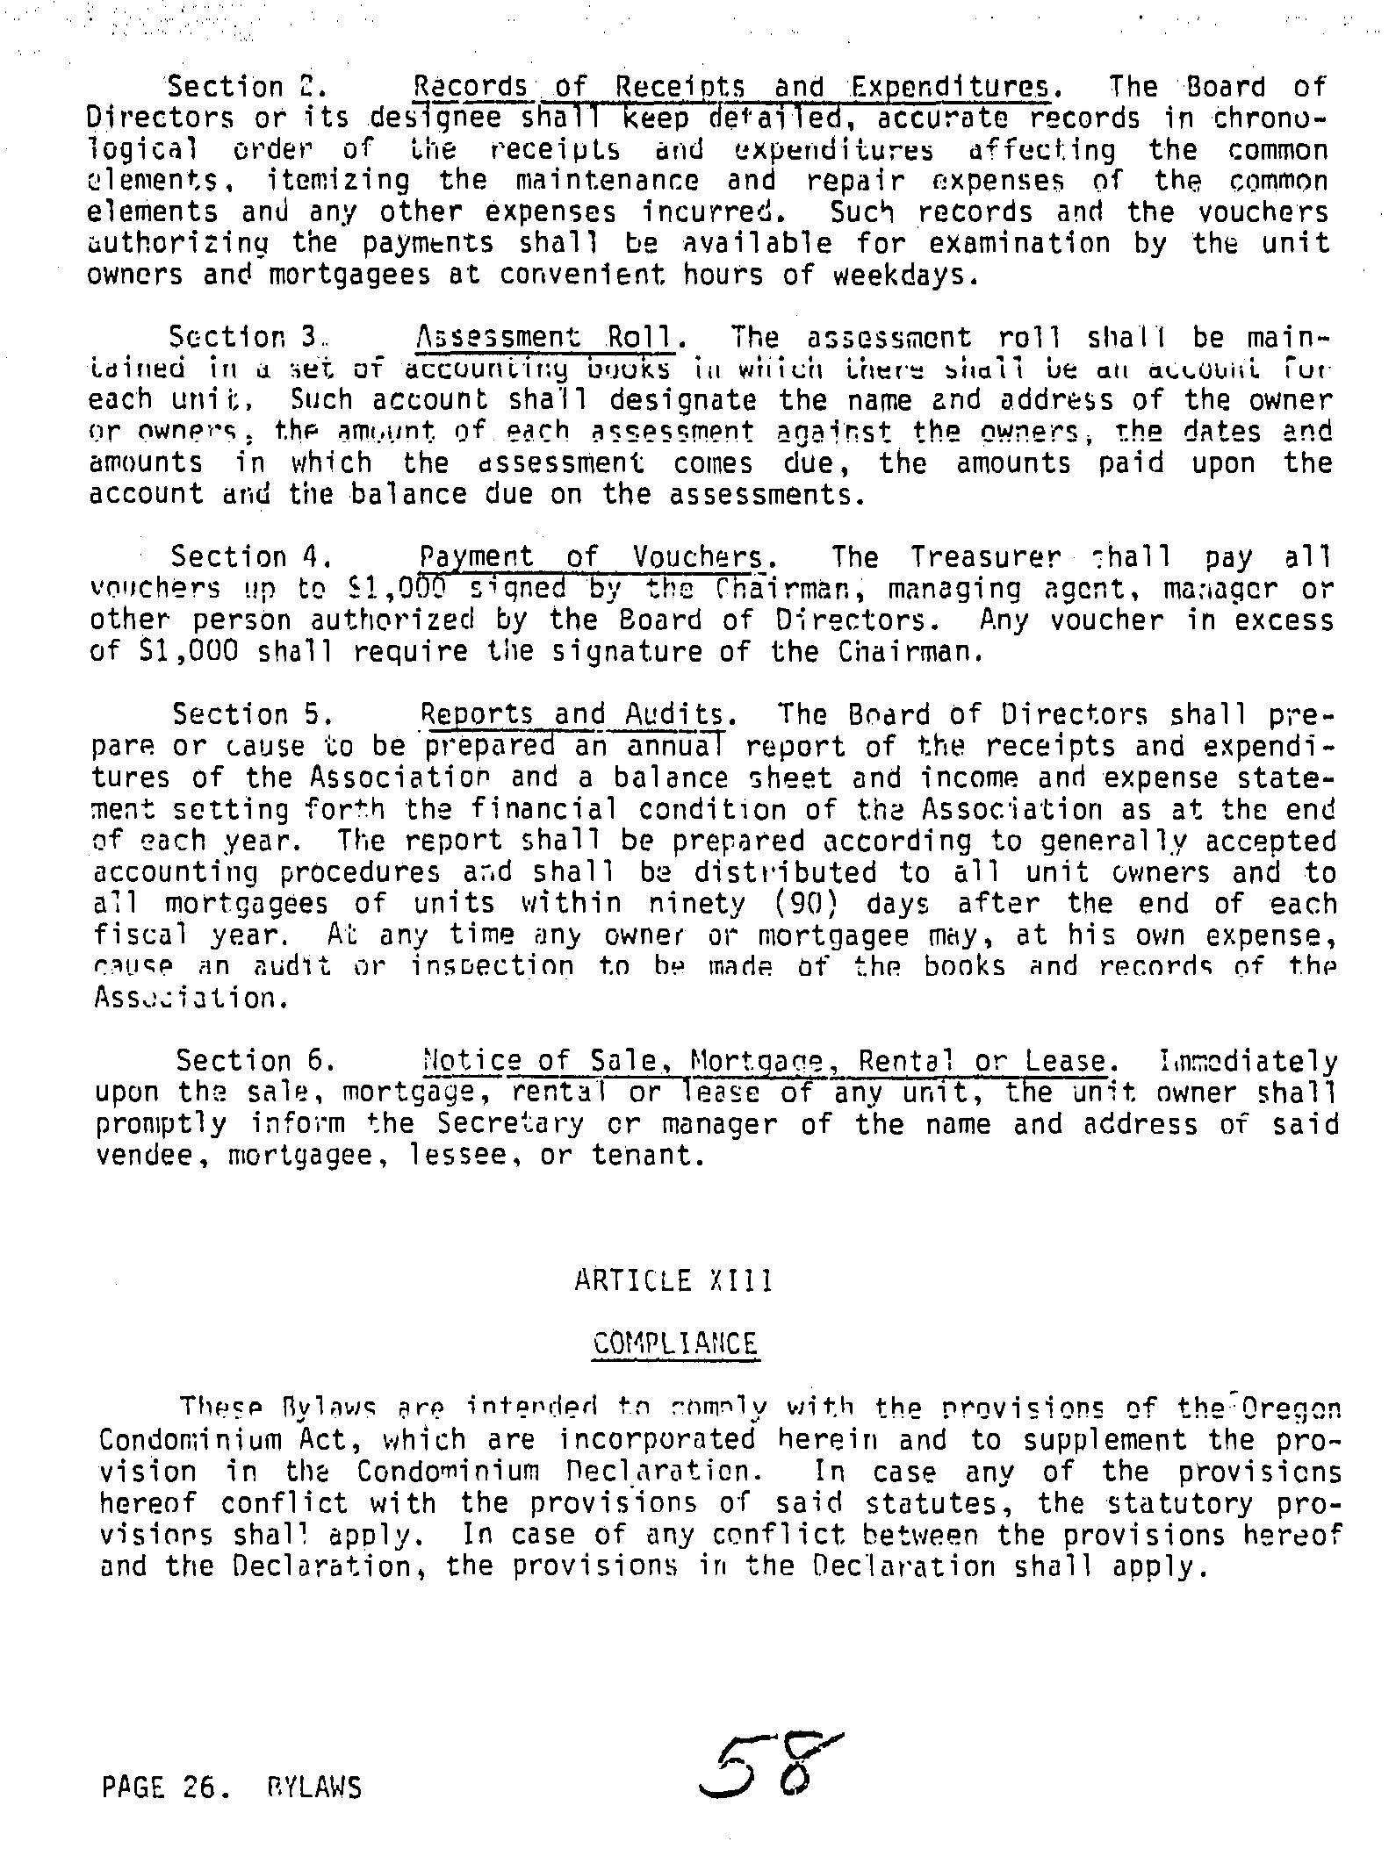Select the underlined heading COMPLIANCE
[x=675, y=1344]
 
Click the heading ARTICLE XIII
[x=673, y=1282]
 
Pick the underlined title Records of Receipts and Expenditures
[x=731, y=87]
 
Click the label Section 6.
[x=254, y=1061]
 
